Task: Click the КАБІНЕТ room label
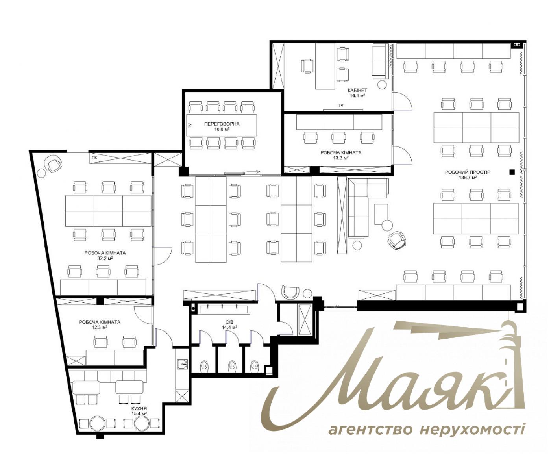[x=357, y=90]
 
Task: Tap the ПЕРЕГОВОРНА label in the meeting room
[x=222, y=124]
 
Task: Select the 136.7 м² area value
[x=468, y=178]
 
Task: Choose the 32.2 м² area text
[x=105, y=258]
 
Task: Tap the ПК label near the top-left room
[x=94, y=158]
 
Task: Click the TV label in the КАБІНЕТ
[x=341, y=106]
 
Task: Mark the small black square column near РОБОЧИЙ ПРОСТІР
[x=512, y=172]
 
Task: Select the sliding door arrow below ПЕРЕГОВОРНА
[x=254, y=172]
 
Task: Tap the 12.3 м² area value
[x=100, y=327]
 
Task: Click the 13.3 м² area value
[x=341, y=158]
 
